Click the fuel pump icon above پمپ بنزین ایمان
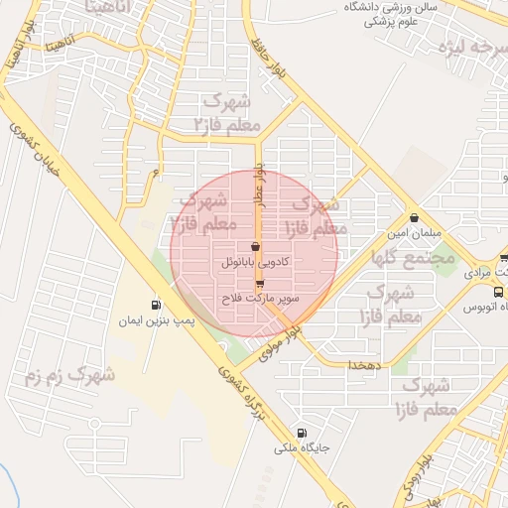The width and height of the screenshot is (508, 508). (156, 305)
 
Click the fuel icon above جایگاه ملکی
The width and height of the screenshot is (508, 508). (302, 433)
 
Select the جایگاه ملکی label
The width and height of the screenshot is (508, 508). (303, 448)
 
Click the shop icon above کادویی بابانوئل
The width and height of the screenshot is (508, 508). (255, 247)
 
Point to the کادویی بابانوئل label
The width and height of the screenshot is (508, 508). (255, 263)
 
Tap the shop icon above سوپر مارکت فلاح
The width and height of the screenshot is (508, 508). (260, 283)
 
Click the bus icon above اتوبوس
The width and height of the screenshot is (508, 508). (498, 292)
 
